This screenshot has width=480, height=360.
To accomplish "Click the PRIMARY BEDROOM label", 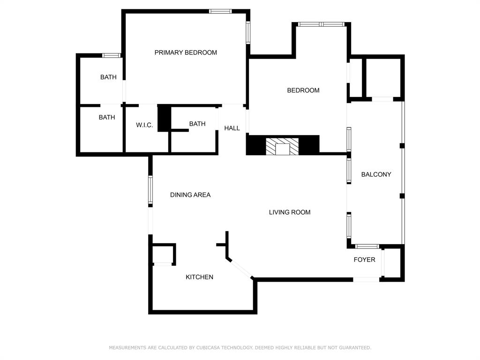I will [186, 52].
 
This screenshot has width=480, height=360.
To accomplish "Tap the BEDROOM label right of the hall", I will [303, 90].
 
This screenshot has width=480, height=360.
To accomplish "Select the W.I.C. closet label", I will [144, 125].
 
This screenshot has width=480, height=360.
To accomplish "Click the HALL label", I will [232, 128].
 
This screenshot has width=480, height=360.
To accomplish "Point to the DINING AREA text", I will [190, 195].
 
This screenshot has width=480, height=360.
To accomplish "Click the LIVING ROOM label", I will [290, 212].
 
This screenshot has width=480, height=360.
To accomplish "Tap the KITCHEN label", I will [199, 277].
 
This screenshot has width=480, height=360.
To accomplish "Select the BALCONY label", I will [376, 174].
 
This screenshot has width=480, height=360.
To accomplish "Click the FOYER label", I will [364, 259].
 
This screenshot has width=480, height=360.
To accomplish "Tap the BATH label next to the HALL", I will [197, 124].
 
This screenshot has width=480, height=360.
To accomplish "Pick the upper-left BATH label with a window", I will [108, 77].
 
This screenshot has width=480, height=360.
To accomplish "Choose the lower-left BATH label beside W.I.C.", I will [107, 117].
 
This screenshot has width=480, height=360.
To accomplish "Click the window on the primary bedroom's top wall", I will [220, 11].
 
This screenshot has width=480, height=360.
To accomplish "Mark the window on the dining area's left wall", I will [150, 190].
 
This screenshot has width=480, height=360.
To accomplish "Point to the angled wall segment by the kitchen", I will [240, 268].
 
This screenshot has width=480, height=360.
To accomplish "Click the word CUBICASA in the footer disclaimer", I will [210, 348].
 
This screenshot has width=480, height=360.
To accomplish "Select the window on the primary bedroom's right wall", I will [248, 32].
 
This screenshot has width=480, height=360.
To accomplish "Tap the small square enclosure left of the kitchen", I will [164, 255].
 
